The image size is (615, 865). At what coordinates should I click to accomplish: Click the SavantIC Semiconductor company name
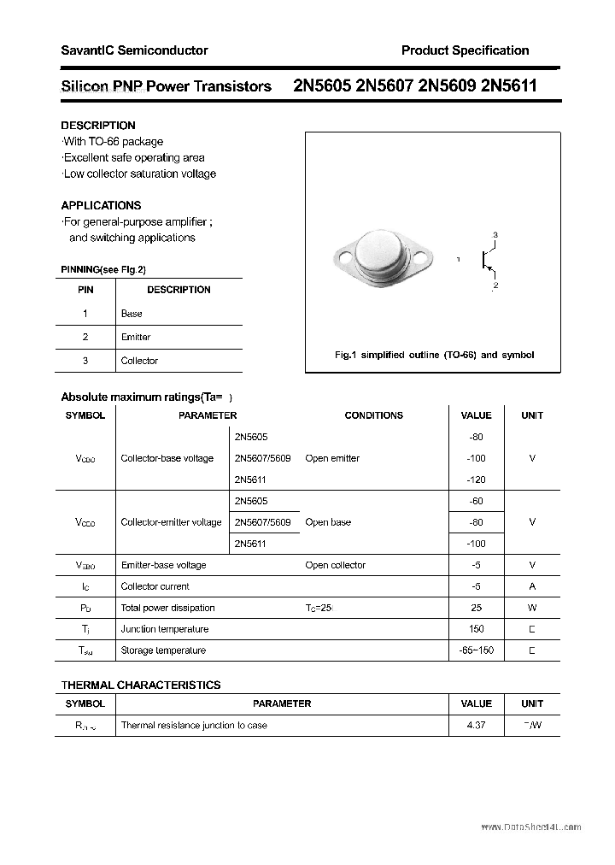(134, 50)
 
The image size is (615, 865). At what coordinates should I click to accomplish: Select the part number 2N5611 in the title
(509, 85)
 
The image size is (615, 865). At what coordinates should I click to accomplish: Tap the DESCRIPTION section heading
(98, 126)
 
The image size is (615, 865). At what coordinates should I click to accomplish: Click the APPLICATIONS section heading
(101, 205)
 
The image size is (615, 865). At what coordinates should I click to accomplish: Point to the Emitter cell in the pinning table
(136, 337)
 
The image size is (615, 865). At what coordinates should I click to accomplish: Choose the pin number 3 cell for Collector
(85, 361)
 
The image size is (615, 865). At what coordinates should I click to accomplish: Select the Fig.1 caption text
(433, 355)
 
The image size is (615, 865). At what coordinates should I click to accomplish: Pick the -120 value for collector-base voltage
(476, 480)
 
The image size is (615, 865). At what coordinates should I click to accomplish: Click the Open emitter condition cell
(332, 458)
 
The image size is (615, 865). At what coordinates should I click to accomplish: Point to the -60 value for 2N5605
(476, 501)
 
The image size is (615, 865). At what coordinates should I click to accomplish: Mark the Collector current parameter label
(155, 586)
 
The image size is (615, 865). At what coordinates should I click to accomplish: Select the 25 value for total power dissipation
(476, 608)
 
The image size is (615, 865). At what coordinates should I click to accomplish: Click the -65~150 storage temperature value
(476, 650)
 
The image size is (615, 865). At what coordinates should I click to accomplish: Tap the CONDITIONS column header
(373, 415)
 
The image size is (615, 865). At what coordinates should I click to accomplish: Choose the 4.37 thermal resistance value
(476, 725)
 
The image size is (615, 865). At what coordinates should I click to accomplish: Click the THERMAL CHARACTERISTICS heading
(141, 685)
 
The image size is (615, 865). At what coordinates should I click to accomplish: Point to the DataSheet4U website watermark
(530, 827)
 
